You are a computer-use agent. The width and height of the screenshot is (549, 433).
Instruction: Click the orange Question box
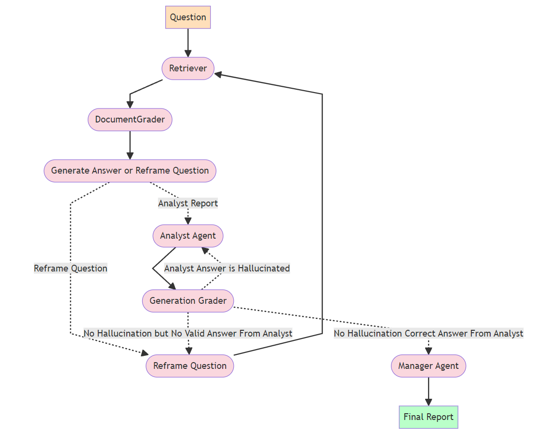tap(188, 17)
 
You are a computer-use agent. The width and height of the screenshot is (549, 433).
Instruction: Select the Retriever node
tap(188, 68)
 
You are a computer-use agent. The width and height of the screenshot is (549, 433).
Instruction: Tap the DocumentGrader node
tap(130, 120)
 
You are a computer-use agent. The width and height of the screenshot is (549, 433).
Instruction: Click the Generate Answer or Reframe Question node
tap(130, 171)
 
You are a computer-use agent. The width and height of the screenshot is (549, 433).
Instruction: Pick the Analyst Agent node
tap(188, 236)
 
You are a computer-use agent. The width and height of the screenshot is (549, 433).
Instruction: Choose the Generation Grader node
tap(188, 301)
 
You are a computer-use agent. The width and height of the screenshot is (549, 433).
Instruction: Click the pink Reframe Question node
tap(189, 366)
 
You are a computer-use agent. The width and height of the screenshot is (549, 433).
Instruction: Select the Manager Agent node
tap(428, 366)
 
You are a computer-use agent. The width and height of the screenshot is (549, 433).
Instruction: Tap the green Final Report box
tap(428, 417)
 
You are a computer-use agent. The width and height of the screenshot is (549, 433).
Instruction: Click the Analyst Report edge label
tap(188, 203)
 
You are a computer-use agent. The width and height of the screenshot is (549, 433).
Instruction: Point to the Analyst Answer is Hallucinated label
tap(227, 269)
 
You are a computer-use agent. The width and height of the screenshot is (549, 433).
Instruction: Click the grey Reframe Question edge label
tap(70, 269)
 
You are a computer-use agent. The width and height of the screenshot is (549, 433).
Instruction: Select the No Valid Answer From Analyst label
tap(188, 333)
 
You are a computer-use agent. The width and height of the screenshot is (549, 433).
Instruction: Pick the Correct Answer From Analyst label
tap(428, 333)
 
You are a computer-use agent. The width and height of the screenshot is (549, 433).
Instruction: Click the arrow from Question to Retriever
tap(188, 43)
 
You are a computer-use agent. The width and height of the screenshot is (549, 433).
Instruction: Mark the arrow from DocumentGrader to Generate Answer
tap(130, 145)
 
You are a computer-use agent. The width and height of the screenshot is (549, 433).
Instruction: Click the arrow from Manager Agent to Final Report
tap(428, 391)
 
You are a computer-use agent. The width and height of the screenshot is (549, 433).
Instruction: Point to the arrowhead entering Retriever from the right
tap(218, 74)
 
